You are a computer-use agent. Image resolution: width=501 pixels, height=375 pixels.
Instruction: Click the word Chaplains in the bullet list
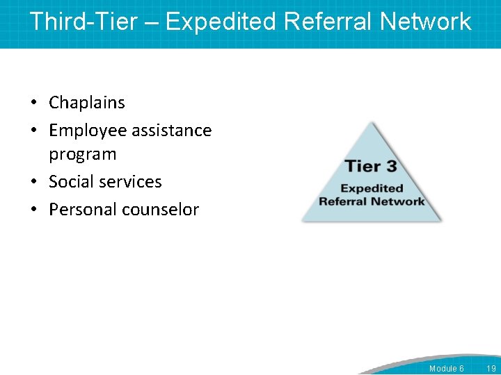(87, 103)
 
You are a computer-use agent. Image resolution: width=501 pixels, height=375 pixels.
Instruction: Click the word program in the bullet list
(82, 154)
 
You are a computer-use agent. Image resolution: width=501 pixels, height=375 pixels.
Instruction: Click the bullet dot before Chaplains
(33, 103)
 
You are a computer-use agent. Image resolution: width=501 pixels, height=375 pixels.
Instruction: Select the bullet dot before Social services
(33, 183)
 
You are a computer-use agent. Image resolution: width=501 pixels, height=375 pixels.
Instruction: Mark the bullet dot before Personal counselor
(33, 210)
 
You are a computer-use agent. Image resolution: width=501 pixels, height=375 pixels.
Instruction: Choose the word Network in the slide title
(426, 22)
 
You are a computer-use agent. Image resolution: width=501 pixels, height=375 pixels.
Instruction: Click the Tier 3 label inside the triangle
(371, 167)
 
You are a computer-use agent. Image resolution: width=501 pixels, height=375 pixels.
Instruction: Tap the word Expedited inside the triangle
(372, 188)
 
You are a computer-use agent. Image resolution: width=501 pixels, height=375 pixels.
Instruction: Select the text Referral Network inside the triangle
(372, 201)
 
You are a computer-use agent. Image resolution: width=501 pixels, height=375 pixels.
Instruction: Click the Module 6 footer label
(446, 368)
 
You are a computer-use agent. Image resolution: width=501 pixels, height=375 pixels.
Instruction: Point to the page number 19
(491, 368)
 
